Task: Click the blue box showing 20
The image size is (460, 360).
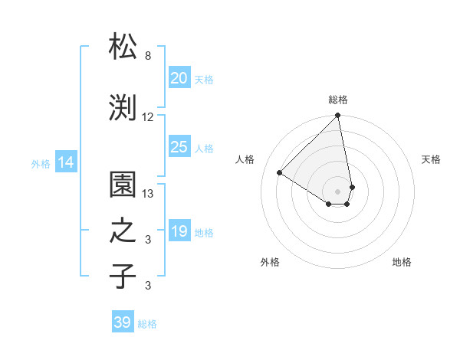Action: click(179, 78)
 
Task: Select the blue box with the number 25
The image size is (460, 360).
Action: click(179, 147)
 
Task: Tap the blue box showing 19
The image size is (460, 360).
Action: click(179, 231)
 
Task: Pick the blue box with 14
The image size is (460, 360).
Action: click(66, 162)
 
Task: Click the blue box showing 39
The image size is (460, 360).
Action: click(123, 322)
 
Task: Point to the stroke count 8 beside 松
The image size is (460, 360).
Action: click(148, 56)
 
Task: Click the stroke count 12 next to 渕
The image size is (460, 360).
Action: click(148, 117)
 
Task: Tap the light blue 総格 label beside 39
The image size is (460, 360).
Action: click(147, 324)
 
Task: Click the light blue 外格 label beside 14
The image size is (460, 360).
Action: click(41, 163)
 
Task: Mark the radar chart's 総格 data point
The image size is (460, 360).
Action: click(337, 116)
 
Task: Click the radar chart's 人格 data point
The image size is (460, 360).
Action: click(280, 173)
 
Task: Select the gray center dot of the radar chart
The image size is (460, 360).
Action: click(337, 190)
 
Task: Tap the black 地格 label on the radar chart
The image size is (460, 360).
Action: click(402, 262)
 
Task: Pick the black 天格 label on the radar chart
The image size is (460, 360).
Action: click(431, 159)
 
